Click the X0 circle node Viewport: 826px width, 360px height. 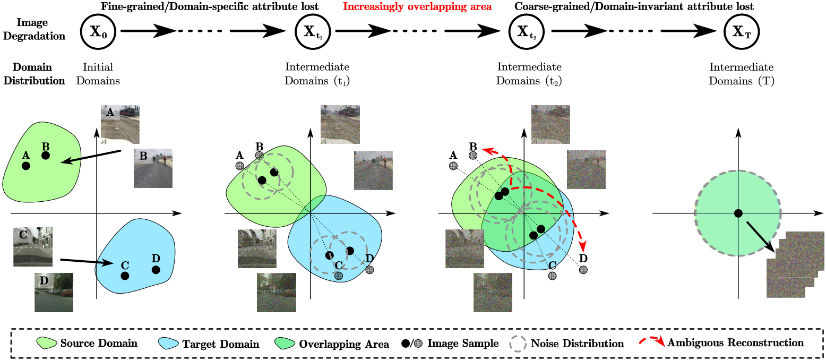(x=98, y=32)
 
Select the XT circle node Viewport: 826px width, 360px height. (x=742, y=32)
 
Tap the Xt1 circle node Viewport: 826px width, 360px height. (x=313, y=32)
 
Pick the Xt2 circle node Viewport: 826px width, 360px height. (x=526, y=32)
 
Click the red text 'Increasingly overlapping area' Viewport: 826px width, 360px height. (x=417, y=7)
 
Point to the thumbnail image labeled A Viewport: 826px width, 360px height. (x=120, y=124)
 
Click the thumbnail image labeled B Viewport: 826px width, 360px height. (x=153, y=168)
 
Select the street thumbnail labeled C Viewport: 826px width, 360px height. (x=33, y=247)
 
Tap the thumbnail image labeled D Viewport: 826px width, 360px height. (x=54, y=293)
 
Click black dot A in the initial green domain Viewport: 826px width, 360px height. (x=26, y=166)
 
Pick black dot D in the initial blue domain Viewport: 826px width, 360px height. (x=156, y=270)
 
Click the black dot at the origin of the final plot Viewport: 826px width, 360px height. (x=738, y=213)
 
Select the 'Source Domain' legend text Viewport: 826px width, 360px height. (x=99, y=343)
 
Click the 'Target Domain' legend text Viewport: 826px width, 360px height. (x=220, y=344)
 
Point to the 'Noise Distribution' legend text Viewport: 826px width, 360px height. (x=577, y=344)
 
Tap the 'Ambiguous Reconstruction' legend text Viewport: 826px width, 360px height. (x=735, y=342)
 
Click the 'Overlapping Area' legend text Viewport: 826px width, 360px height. (x=343, y=344)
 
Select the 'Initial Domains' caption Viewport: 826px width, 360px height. (x=98, y=74)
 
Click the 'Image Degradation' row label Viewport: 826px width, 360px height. (x=35, y=29)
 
